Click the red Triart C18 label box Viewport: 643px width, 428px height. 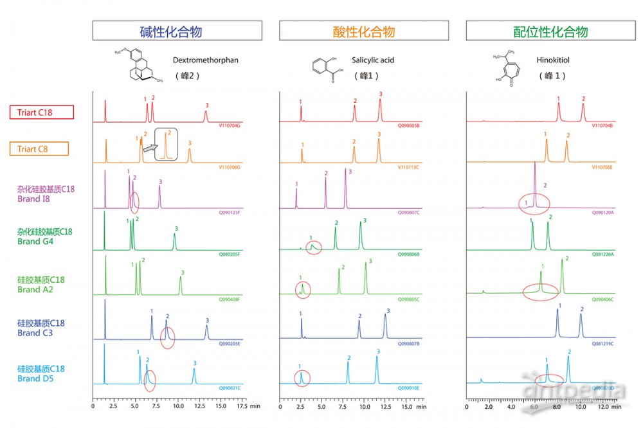[x=42, y=112]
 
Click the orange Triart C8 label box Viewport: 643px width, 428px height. [x=42, y=149]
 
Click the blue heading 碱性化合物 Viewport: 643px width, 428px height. [x=177, y=31]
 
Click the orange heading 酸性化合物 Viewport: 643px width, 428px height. [x=363, y=31]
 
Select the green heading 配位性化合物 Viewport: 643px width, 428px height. [x=550, y=31]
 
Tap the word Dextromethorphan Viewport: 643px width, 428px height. [x=205, y=60]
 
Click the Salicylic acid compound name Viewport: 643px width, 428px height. [x=373, y=60]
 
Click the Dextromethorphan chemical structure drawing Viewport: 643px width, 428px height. [x=143, y=66]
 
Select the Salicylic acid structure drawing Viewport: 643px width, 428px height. [x=325, y=69]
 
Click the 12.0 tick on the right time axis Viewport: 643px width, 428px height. [x=603, y=407]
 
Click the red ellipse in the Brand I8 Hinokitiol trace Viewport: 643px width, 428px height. [x=534, y=205]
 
